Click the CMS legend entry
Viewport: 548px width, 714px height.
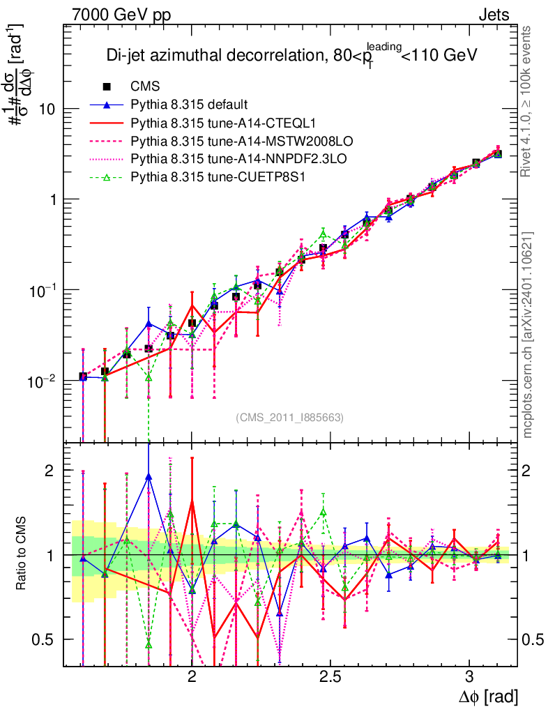[145, 87]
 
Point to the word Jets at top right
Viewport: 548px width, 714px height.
[493, 14]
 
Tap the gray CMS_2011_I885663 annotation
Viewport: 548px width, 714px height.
[289, 417]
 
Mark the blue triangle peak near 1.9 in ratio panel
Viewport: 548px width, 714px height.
[149, 476]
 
